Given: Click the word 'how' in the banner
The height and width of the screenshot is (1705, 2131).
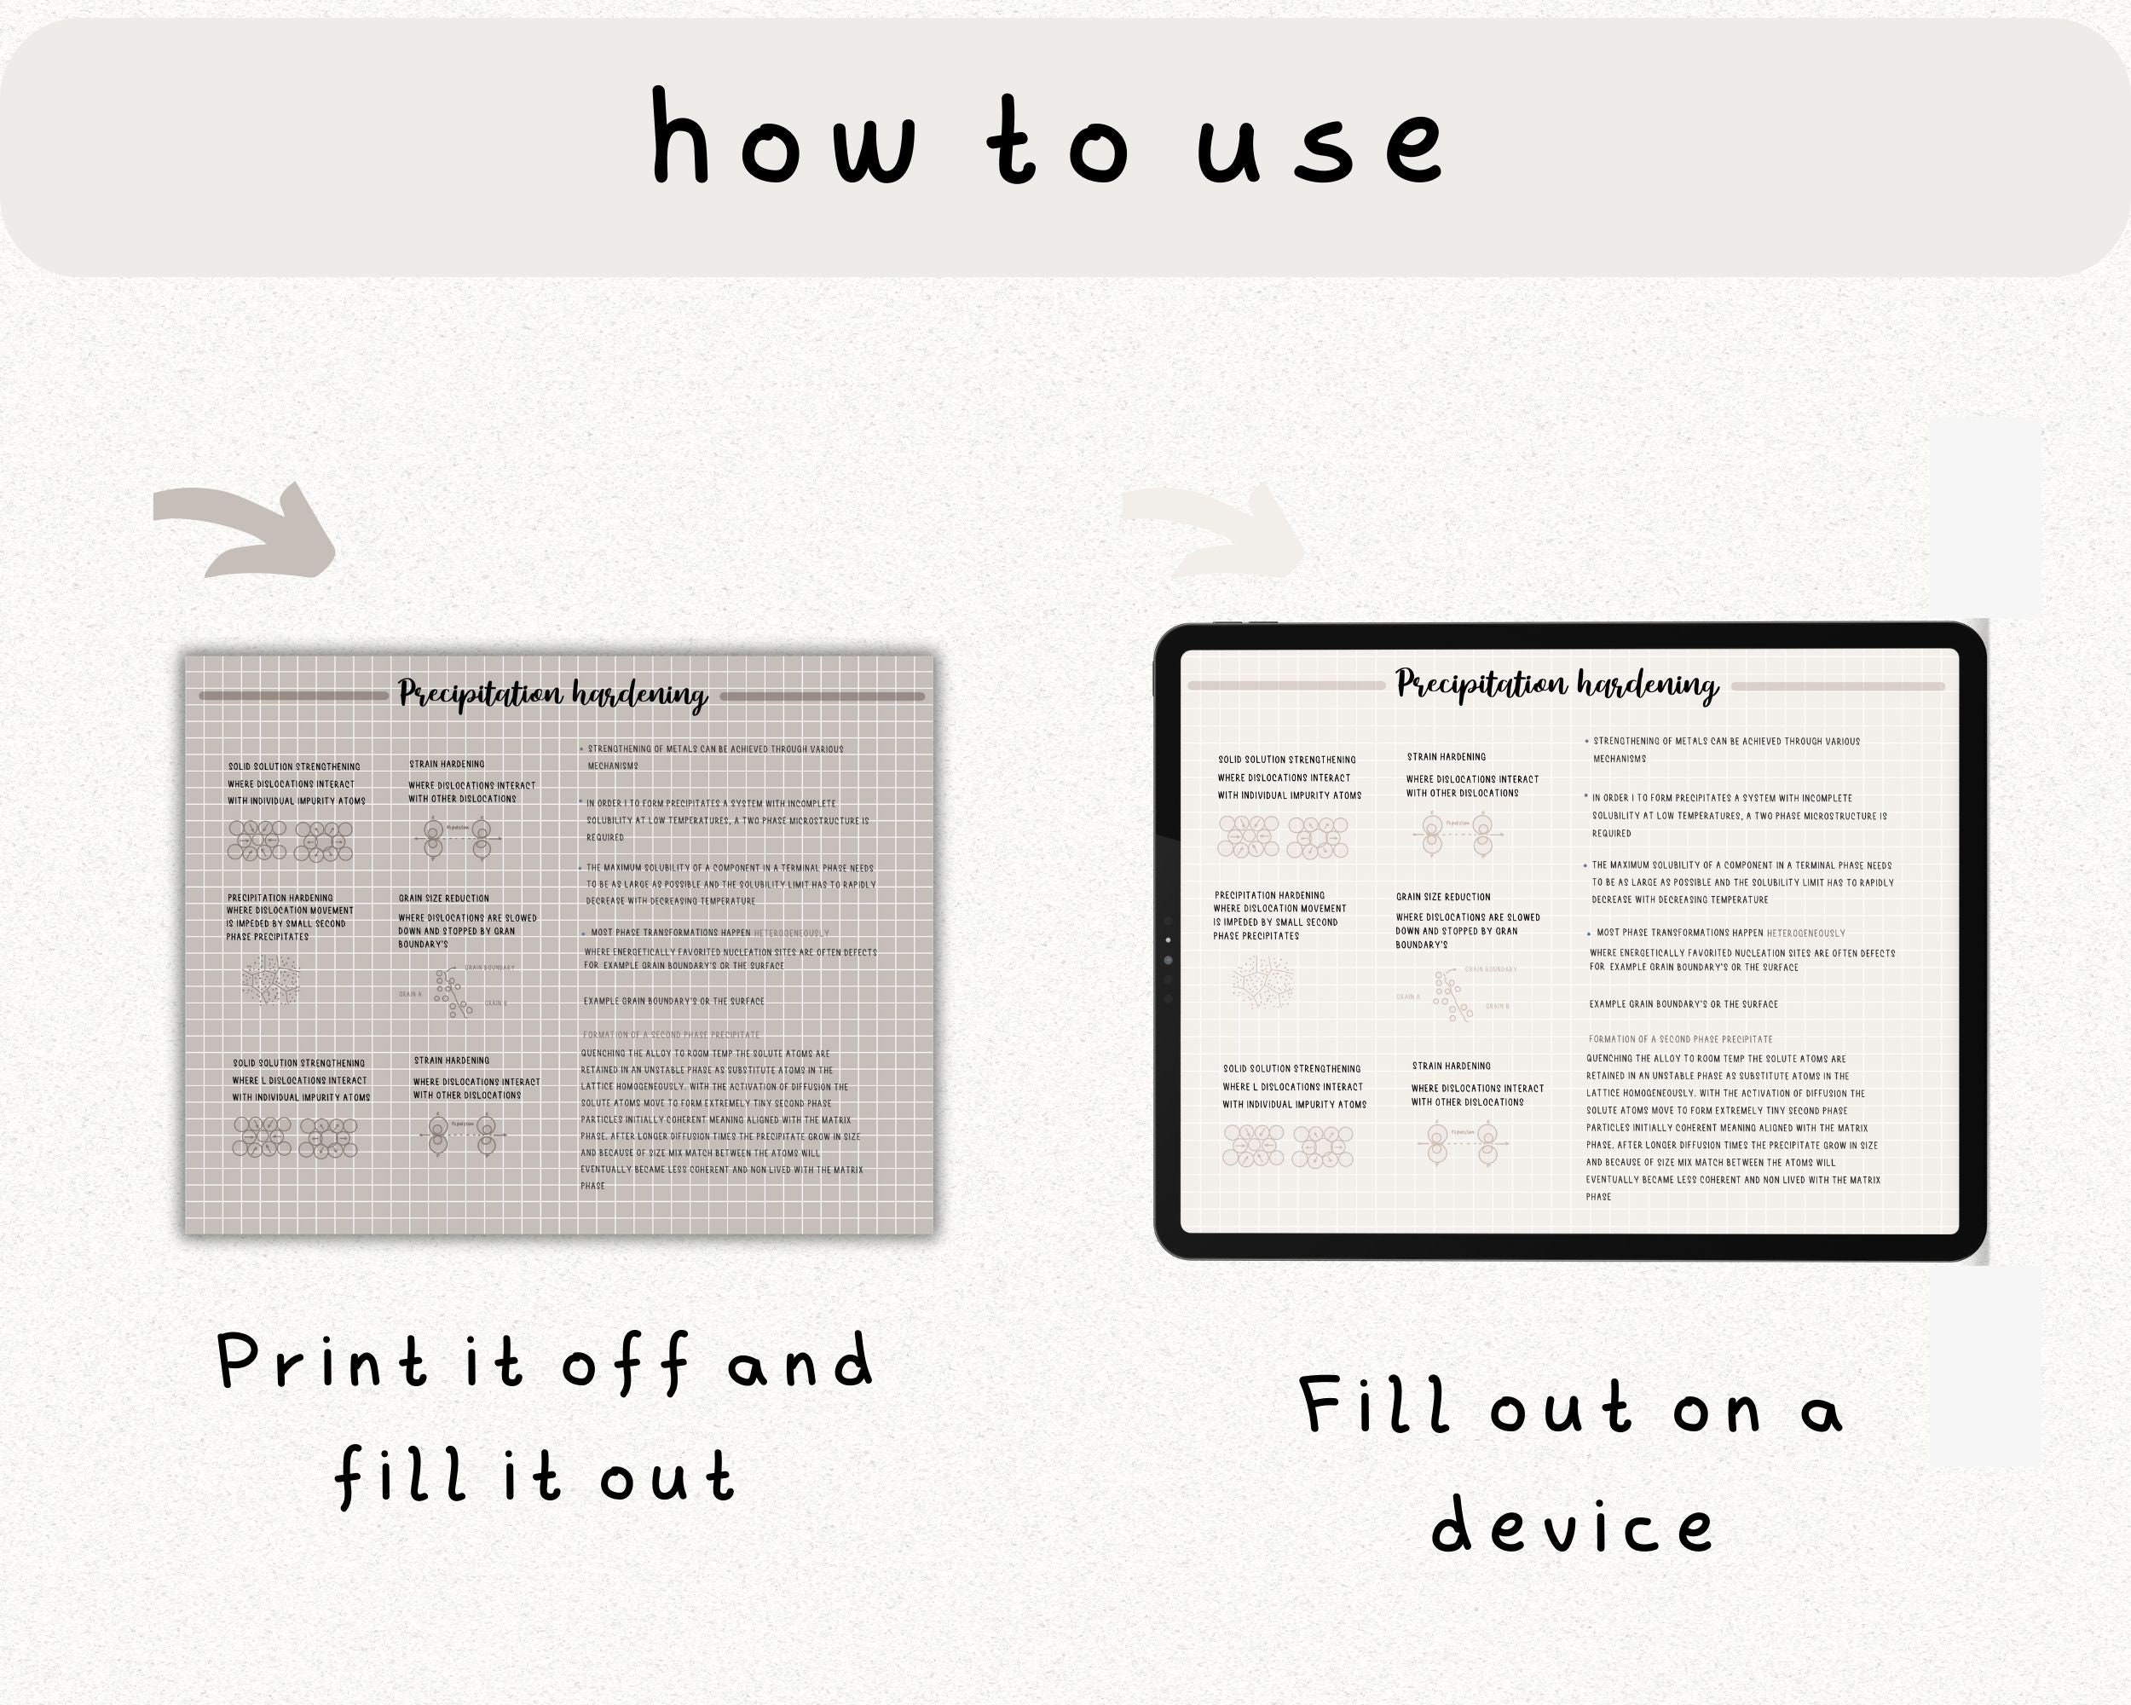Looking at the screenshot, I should tap(783, 138).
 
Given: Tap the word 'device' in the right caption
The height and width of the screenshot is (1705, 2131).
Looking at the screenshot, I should tap(1573, 1526).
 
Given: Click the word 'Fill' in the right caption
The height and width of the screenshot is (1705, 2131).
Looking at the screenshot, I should tap(1374, 1405).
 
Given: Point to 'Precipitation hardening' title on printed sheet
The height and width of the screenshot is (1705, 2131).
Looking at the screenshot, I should tap(553, 695).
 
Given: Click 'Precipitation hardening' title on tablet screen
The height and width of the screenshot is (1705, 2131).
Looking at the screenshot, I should tap(1556, 685).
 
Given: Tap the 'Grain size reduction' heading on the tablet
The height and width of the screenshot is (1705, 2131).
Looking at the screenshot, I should tap(1442, 897).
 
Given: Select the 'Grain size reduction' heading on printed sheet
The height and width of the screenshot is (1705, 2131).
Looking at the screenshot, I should tap(444, 899).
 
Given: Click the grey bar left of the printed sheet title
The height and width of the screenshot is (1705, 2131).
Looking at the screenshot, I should tap(293, 696).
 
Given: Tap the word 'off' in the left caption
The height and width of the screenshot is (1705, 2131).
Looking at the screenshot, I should tap(625, 1363).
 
